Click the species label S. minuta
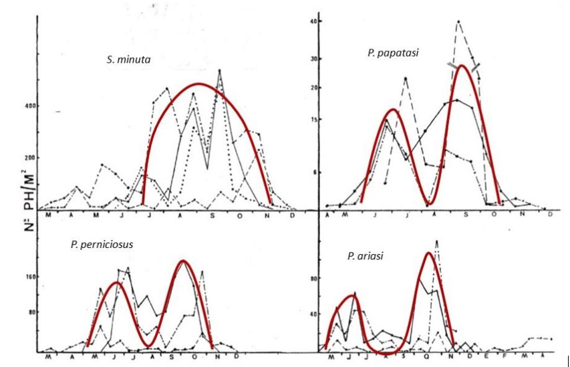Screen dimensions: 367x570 coord(128,59)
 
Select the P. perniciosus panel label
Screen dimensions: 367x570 coord(102,244)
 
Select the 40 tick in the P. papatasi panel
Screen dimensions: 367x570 coord(311,22)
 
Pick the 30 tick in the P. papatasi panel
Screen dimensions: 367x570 coord(311,58)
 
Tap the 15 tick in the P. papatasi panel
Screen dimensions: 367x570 coord(311,120)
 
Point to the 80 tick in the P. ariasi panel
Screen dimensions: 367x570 coord(311,278)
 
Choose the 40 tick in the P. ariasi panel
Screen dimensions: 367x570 coord(311,314)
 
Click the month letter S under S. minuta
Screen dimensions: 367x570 coord(212,215)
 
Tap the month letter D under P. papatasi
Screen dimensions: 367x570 coord(550,215)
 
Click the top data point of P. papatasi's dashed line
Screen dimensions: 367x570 coord(458,21)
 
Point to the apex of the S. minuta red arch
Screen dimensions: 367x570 coord(198,84)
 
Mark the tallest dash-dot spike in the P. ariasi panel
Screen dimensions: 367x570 coord(436,241)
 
